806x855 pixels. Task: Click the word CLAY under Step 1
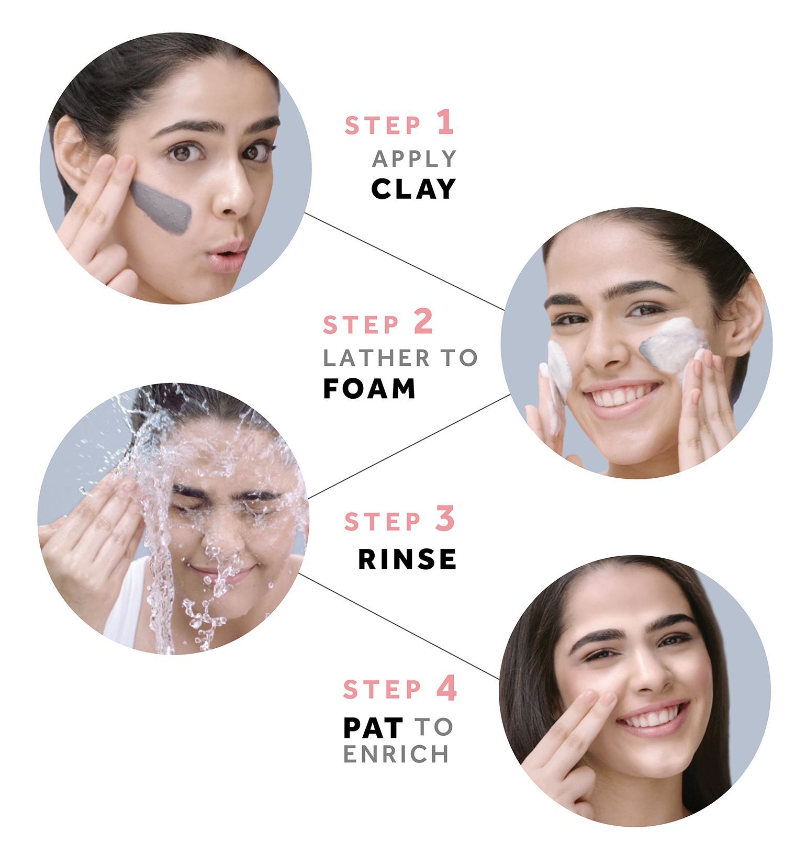413,189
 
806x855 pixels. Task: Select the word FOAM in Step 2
370,389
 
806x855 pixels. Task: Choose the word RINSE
407,559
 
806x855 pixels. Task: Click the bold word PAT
373,727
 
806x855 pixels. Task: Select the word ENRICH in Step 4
396,754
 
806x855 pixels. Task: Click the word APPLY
414,159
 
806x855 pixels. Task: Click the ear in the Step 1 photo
70,152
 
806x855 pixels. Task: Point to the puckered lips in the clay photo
226,256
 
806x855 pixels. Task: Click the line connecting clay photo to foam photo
405,262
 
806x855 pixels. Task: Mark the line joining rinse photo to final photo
399,626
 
